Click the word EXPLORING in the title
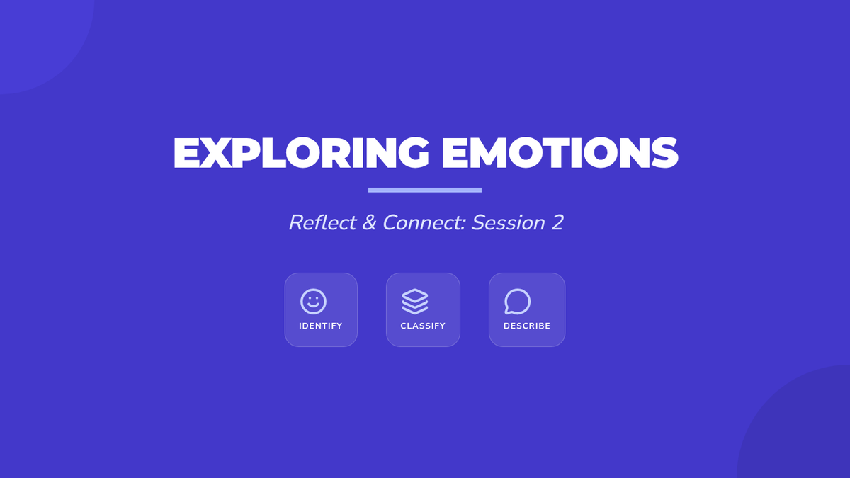pyautogui.click(x=301, y=152)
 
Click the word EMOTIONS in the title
pyautogui.click(x=560, y=152)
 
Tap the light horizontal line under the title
pyautogui.click(x=425, y=190)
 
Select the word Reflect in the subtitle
pyautogui.click(x=322, y=222)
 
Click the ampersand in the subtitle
pyautogui.click(x=369, y=222)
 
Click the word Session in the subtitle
pyautogui.click(x=509, y=222)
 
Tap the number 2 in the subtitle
pyautogui.click(x=557, y=222)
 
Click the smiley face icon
pyautogui.click(x=313, y=302)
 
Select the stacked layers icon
pyautogui.click(x=415, y=302)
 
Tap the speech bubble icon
pyautogui.click(x=518, y=302)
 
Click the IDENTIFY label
pyautogui.click(x=321, y=326)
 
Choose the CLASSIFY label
pyautogui.click(x=423, y=326)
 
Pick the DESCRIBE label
pyautogui.click(x=527, y=326)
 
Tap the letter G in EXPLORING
pyautogui.click(x=413, y=152)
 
